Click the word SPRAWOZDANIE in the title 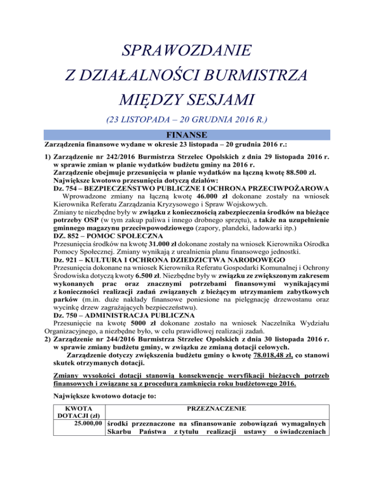(x=187, y=50)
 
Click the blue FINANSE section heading (x=187, y=134)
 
